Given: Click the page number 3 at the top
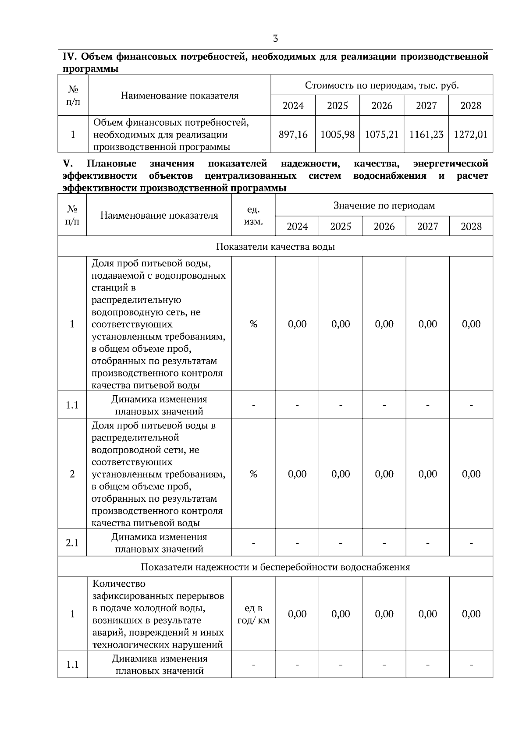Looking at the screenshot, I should coord(275,39).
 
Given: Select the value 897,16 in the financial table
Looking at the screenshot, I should coord(293,135).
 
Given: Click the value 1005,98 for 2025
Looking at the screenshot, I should coord(337,135).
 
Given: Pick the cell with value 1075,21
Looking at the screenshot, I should coord(382,135).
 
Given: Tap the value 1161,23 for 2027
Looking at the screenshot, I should coord(426,135).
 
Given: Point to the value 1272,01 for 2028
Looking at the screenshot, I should coord(470,135).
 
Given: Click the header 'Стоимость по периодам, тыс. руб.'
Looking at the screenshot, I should coord(381,85).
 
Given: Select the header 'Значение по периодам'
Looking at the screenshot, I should coord(384,205).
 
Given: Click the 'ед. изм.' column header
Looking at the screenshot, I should coord(253,216).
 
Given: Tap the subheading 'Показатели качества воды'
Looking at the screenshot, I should coord(275,247).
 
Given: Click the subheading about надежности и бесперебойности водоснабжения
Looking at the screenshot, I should coord(275,567).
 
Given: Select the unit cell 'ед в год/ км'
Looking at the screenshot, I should coord(253,614).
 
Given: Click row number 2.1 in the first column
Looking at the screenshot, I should coord(72,543).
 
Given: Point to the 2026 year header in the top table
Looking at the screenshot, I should coord(382,106).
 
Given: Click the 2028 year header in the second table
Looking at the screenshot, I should coord(471,227).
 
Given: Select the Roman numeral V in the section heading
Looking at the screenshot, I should coord(67,164).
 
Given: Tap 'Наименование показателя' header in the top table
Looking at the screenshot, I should coord(180,96).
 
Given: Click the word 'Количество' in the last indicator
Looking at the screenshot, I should coord(119,584).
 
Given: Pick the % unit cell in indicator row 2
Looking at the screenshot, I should coord(253,474).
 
